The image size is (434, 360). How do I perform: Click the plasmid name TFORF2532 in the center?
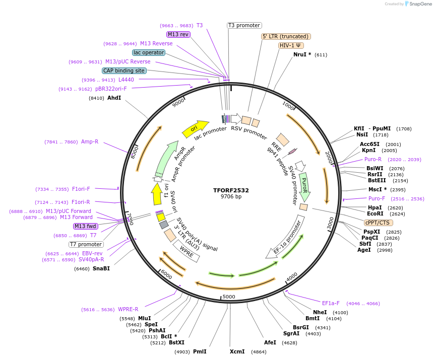pyautogui.click(x=231, y=190)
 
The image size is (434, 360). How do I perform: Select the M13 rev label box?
pyautogui.click(x=178, y=34)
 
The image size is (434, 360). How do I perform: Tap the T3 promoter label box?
pyautogui.click(x=244, y=25)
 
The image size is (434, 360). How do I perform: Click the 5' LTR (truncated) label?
pyautogui.click(x=286, y=36)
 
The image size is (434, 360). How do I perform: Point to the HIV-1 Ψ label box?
pyautogui.click(x=291, y=45)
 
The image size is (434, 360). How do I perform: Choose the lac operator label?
pyautogui.click(x=149, y=52)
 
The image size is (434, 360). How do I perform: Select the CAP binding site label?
pyautogui.click(x=124, y=71)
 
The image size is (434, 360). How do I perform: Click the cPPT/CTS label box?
pyautogui.click(x=378, y=223)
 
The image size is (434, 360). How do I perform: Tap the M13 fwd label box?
pyautogui.click(x=86, y=226)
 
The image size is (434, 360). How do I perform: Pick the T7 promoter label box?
pyautogui.click(x=86, y=244)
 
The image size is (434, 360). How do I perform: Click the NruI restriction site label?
pyautogui.click(x=302, y=54)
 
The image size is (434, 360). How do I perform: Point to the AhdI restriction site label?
pyautogui.click(x=114, y=98)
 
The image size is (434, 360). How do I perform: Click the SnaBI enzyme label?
pyautogui.click(x=101, y=268)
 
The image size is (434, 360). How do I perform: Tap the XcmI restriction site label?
pyautogui.click(x=237, y=351)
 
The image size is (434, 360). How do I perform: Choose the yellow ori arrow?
pyautogui.click(x=195, y=129)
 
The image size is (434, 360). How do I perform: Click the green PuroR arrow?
pyautogui.click(x=304, y=185)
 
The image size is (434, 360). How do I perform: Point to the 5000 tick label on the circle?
pyautogui.click(x=229, y=297)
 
